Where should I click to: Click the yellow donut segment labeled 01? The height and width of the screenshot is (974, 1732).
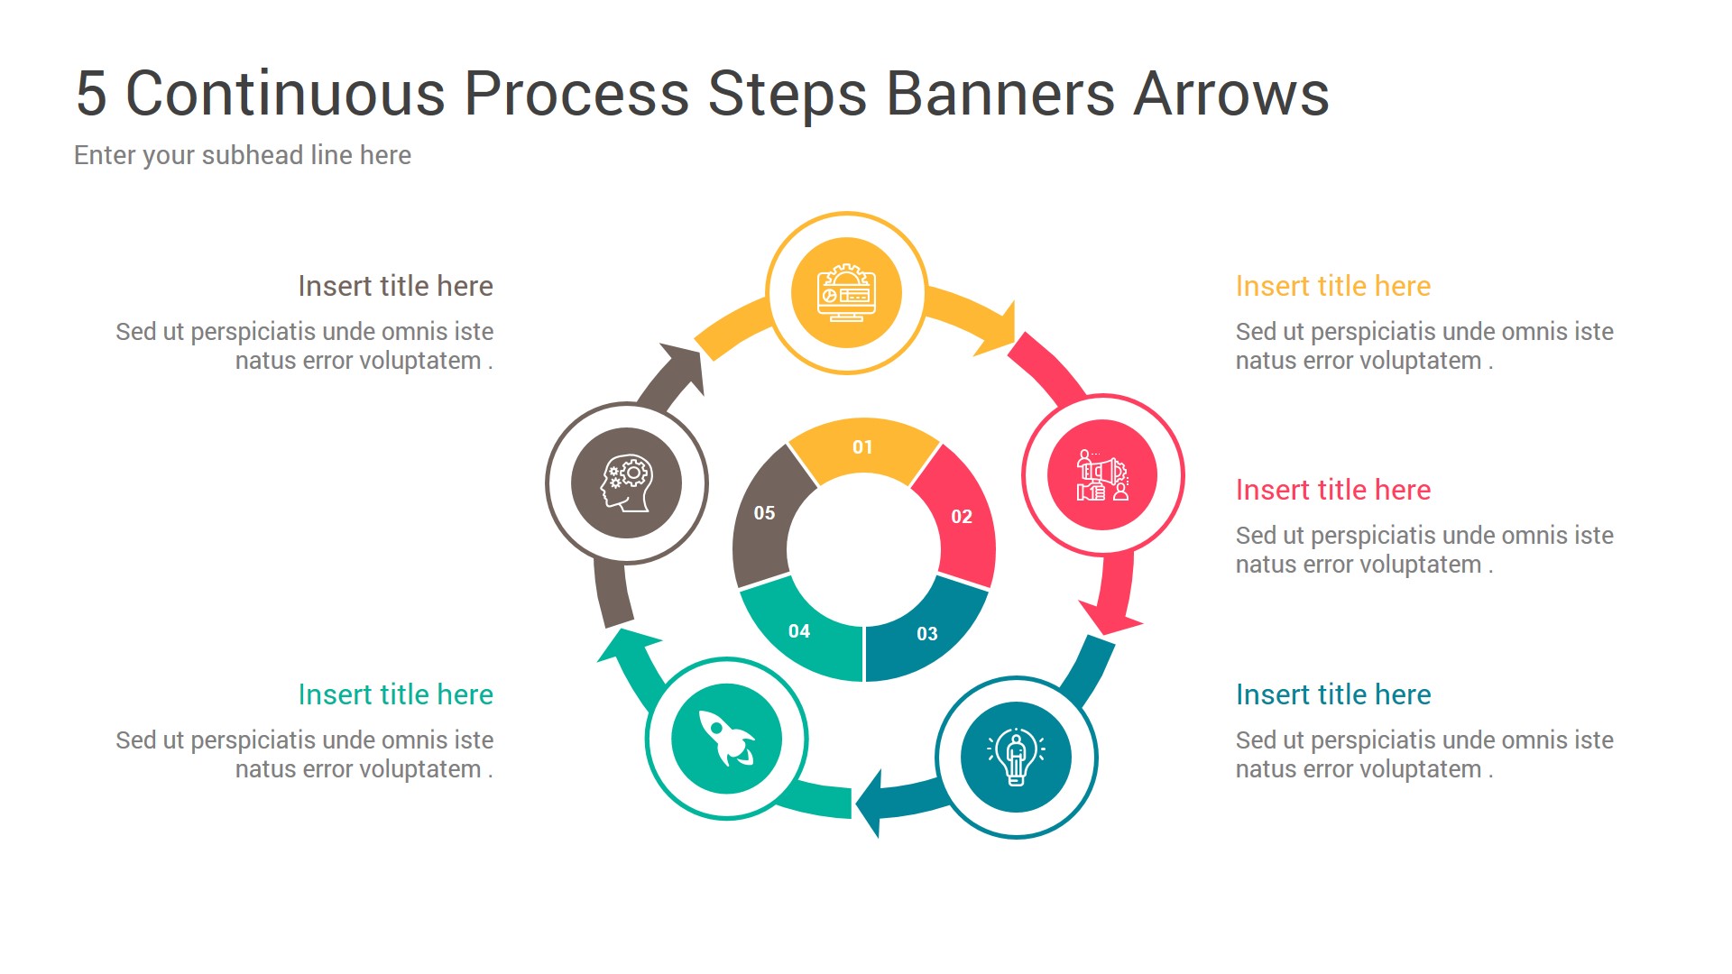tap(863, 449)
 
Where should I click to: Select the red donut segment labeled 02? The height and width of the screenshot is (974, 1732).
tap(962, 517)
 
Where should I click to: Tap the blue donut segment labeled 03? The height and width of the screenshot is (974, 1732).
tap(926, 633)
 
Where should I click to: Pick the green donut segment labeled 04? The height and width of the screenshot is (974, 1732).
tap(799, 631)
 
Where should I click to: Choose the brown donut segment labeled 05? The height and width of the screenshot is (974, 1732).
tap(764, 513)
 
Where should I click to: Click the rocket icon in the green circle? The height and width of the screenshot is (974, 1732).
tap(726, 739)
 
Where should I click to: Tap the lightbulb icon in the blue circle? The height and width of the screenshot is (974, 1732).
tap(1016, 757)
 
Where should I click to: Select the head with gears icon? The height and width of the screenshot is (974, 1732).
tap(626, 482)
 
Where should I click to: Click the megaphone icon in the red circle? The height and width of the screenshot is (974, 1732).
tap(1101, 475)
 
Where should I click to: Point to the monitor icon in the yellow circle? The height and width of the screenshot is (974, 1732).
tap(846, 293)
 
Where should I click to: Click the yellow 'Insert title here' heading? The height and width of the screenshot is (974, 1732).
tap(1332, 286)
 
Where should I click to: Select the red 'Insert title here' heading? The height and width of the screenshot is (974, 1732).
tap(1332, 490)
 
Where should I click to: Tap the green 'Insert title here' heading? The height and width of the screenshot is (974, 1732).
tap(395, 694)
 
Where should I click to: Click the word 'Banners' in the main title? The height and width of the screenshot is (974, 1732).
tap(1000, 93)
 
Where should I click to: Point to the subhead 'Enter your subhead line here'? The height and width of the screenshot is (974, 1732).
tap(242, 155)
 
